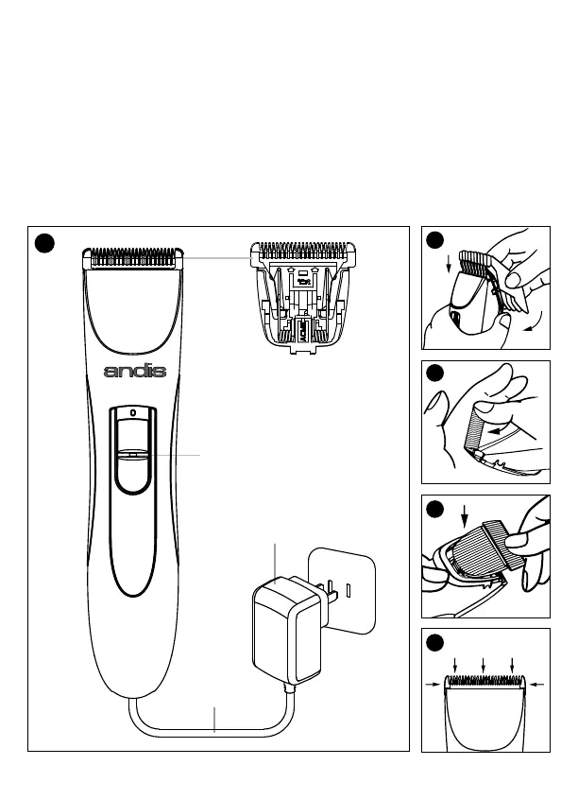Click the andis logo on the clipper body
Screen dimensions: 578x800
click(134, 371)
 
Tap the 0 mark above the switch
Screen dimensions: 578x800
click(133, 414)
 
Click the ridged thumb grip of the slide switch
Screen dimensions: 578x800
click(133, 455)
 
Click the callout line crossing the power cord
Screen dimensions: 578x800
click(214, 719)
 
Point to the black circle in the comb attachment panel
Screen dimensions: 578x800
click(435, 239)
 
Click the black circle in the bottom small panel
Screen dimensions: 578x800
click(435, 644)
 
